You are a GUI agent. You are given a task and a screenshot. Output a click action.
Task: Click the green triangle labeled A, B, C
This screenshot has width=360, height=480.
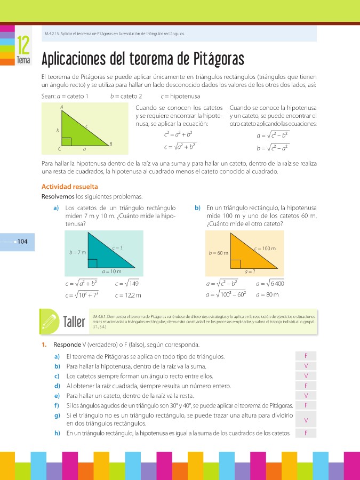coord(78,133)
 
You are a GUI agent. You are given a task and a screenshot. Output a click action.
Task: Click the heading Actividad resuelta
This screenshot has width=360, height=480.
coord(69,187)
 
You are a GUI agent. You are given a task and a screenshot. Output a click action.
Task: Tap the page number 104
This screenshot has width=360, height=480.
coord(22,242)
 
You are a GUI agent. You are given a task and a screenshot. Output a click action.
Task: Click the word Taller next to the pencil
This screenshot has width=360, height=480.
coord(76,323)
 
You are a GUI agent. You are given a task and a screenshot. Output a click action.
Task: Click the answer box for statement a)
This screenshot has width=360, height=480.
coord(306,356)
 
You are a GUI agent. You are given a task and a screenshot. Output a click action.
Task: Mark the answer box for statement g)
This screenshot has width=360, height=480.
coord(306,420)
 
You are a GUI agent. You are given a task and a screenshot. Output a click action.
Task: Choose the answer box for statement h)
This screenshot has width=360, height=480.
coord(306,433)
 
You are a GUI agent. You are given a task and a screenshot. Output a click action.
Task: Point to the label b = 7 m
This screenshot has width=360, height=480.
coord(77,252)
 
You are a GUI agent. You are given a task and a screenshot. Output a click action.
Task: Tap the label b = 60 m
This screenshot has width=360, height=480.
coord(219,253)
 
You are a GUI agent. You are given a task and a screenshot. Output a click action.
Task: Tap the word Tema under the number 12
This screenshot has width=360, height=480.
coord(23,61)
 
